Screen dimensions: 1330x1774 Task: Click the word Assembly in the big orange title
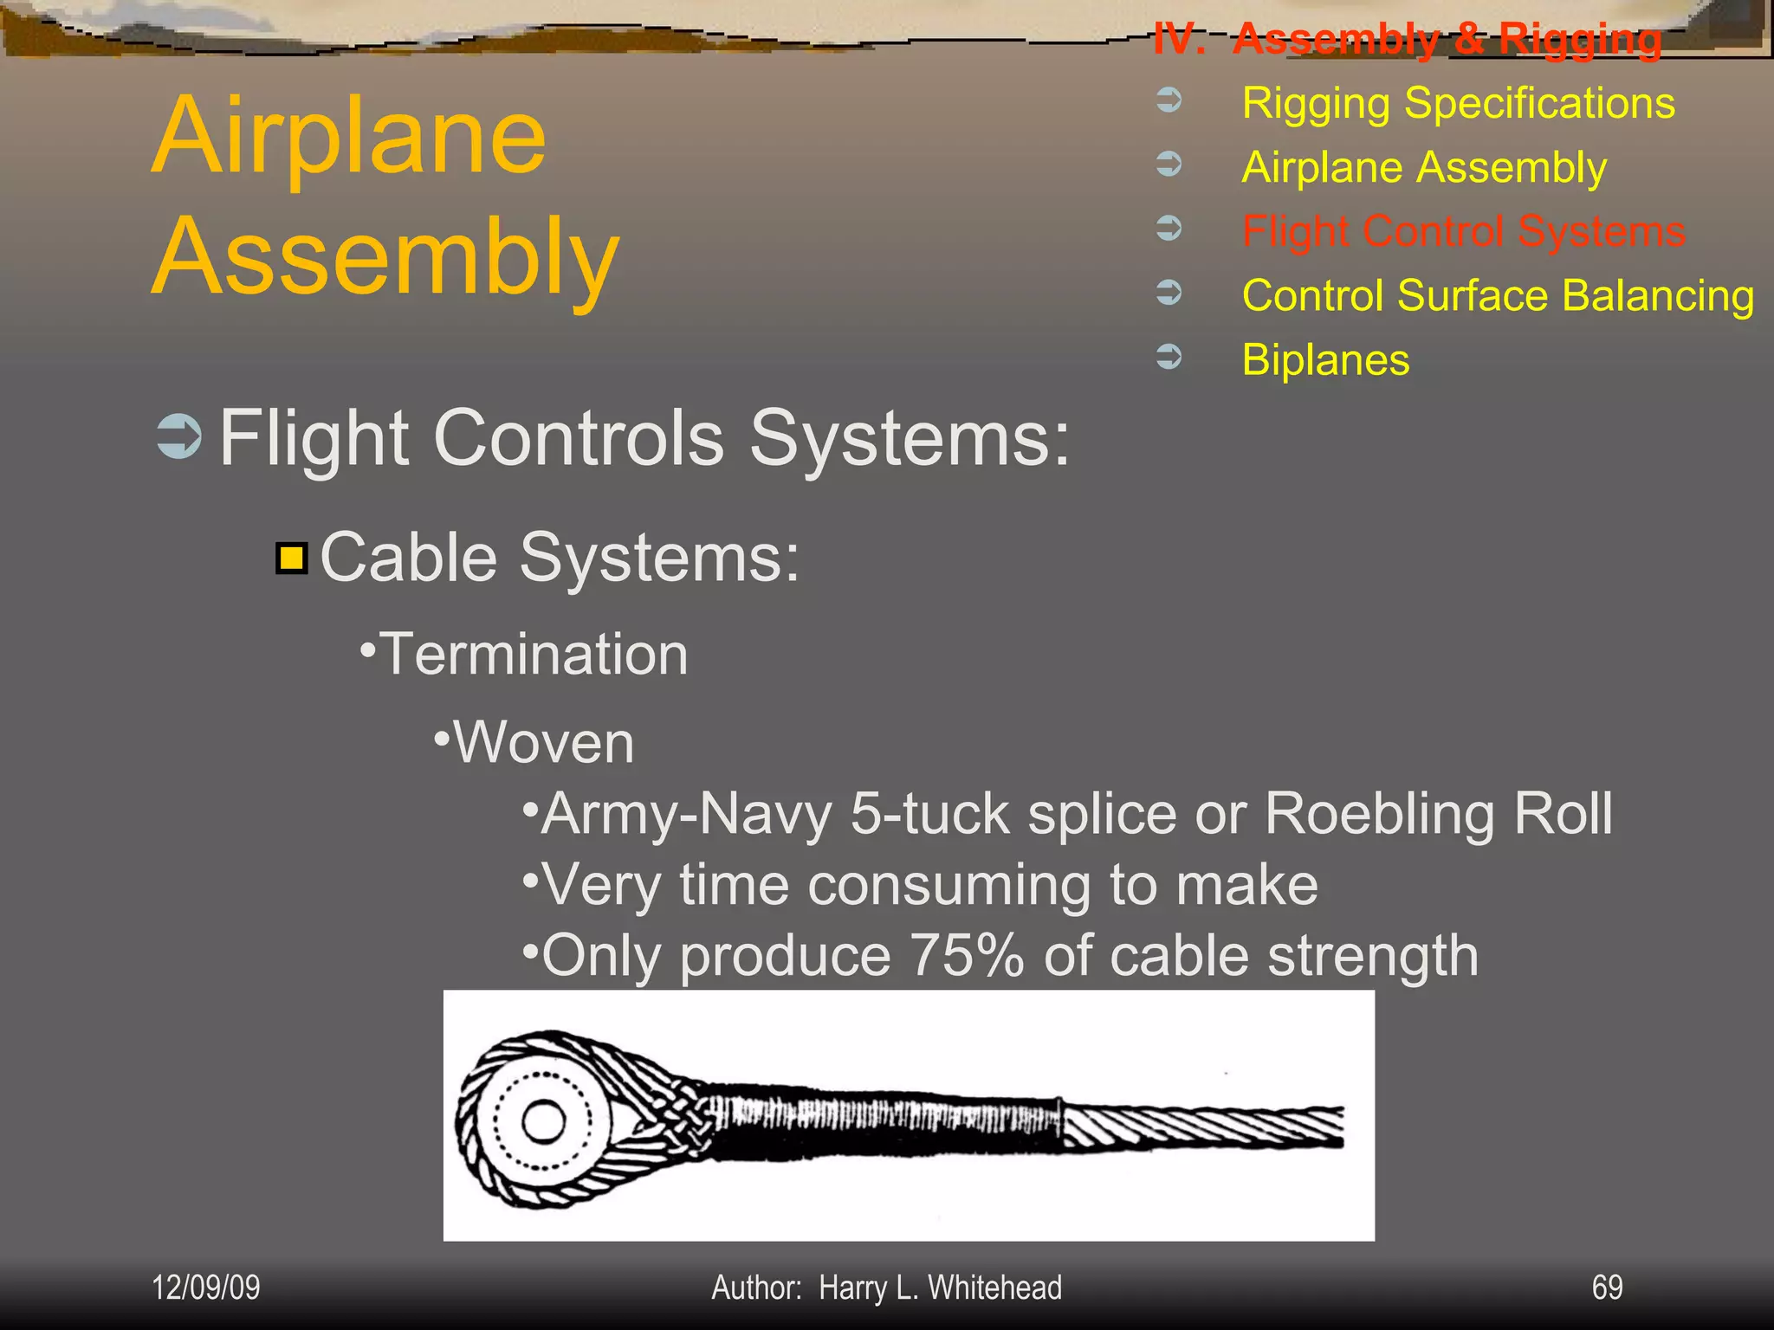click(x=385, y=258)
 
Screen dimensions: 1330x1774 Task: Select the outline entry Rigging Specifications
click(x=1458, y=103)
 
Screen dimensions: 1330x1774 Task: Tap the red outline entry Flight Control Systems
click(x=1463, y=231)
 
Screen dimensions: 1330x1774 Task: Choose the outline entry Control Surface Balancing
click(x=1498, y=295)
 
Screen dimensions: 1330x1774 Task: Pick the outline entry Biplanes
click(x=1325, y=359)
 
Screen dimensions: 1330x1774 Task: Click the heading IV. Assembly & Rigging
click(x=1407, y=39)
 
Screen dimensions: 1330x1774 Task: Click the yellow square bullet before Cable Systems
click(x=292, y=558)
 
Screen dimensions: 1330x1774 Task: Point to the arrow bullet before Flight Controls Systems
click(x=179, y=436)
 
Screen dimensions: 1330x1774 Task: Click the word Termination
click(x=534, y=654)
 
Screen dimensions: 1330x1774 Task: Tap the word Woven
click(x=544, y=743)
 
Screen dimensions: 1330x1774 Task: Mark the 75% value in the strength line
click(x=967, y=955)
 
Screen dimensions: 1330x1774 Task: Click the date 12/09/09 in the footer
click(x=205, y=1288)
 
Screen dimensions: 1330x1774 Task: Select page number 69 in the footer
click(x=1607, y=1288)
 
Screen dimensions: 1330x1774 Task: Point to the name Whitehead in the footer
click(x=994, y=1288)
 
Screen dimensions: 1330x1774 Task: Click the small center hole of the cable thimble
click(x=544, y=1123)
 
